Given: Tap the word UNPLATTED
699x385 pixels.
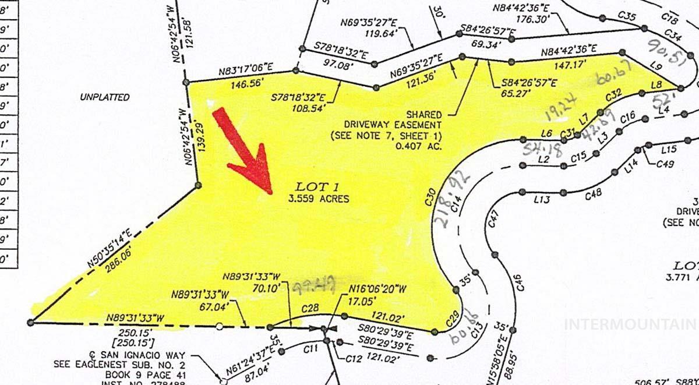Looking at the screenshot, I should (105, 97).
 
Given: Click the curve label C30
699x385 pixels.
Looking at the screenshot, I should (431, 198).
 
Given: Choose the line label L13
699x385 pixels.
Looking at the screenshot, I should (542, 200).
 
